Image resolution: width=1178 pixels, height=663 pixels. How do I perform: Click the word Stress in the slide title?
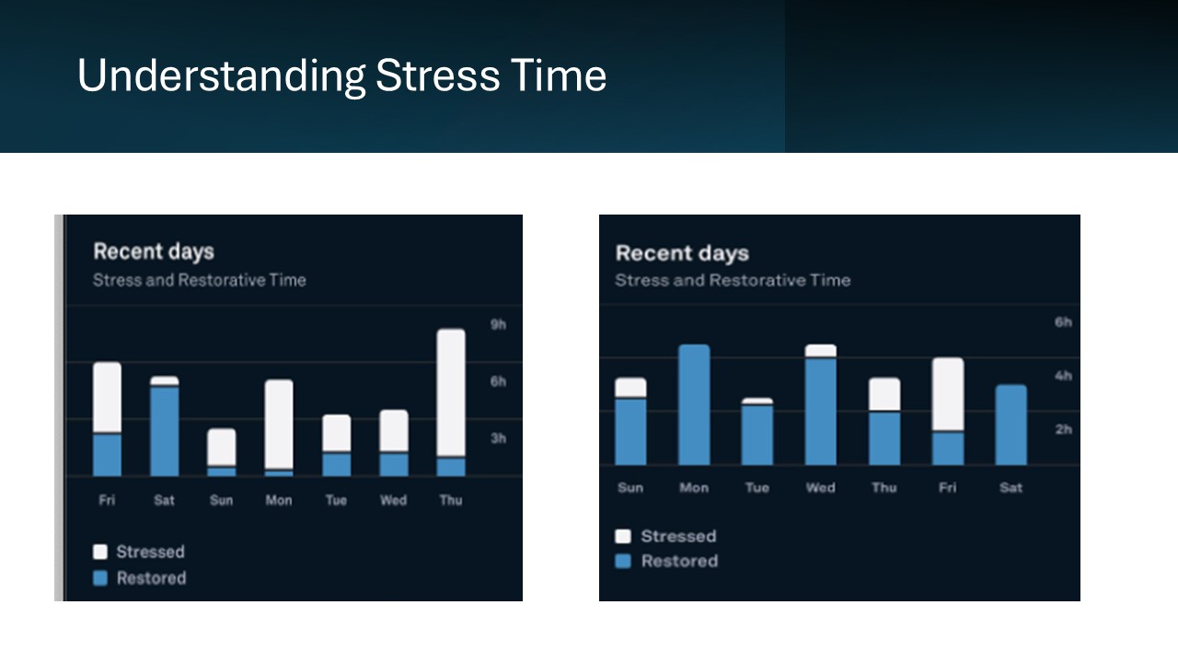pyautogui.click(x=437, y=76)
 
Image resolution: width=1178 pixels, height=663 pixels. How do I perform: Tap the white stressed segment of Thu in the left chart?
pyautogui.click(x=451, y=392)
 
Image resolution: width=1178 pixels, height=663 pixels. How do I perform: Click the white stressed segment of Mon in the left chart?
pyautogui.click(x=279, y=424)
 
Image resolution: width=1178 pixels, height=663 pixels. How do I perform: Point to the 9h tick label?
pyautogui.click(x=498, y=325)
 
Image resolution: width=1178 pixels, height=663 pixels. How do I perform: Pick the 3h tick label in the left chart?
pyautogui.click(x=498, y=438)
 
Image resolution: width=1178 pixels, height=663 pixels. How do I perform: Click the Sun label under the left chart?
pyautogui.click(x=222, y=500)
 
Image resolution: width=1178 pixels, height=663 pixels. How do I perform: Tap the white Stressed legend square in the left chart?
pyautogui.click(x=100, y=552)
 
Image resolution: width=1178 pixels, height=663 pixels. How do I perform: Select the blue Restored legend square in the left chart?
pyautogui.click(x=100, y=578)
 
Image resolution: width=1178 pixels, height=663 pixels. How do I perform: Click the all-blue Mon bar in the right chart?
pyautogui.click(x=694, y=405)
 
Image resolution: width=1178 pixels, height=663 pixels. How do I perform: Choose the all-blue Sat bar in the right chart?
pyautogui.click(x=1011, y=425)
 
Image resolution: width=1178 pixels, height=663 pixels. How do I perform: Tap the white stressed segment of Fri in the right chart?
pyautogui.click(x=948, y=394)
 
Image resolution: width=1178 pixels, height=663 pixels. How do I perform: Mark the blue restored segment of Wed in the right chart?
pyautogui.click(x=820, y=412)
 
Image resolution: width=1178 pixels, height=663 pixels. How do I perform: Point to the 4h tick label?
pyautogui.click(x=1063, y=376)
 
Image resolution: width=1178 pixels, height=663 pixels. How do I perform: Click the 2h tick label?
pyautogui.click(x=1063, y=429)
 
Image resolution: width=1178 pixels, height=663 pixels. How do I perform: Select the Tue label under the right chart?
pyautogui.click(x=757, y=488)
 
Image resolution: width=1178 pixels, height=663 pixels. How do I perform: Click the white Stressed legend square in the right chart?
pyautogui.click(x=623, y=536)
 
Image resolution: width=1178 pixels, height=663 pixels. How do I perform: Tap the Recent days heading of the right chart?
pyautogui.click(x=682, y=253)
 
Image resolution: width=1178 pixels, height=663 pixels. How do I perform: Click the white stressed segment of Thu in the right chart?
pyautogui.click(x=884, y=393)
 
